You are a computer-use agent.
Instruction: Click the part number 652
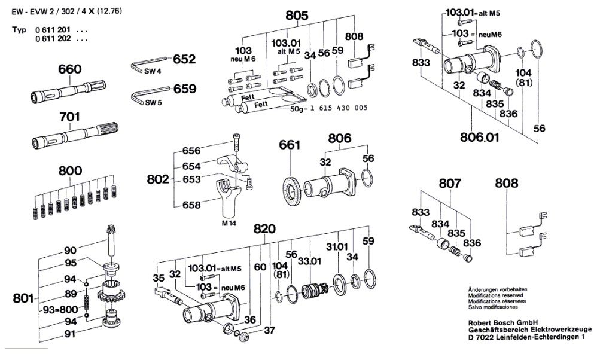pos(184,60)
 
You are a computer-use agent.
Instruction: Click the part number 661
pos(289,145)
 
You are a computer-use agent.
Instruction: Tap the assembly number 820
pos(264,229)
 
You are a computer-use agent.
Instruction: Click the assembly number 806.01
pos(479,138)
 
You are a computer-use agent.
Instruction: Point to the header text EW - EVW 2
pos(33,10)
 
